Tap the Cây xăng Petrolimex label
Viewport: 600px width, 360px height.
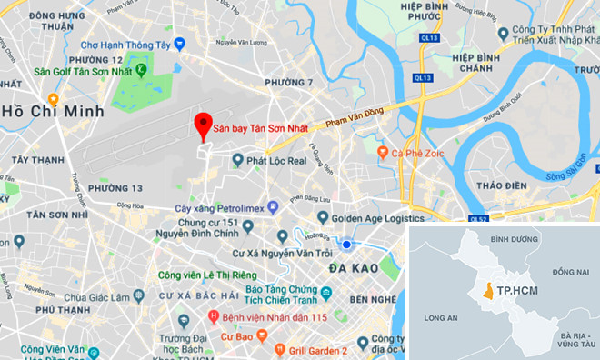(221, 209)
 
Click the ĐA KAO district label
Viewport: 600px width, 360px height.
(354, 268)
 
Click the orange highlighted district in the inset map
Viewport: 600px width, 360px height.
(488, 291)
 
